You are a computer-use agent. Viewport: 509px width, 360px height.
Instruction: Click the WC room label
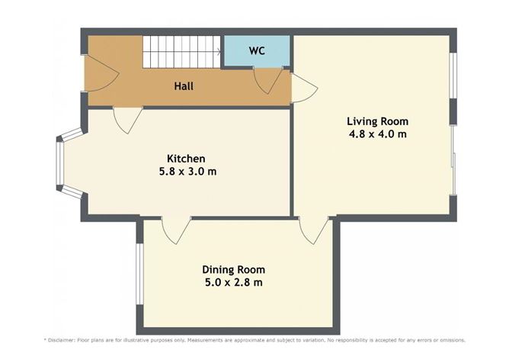(256, 51)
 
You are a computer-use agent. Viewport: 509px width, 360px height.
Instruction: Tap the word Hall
(183, 86)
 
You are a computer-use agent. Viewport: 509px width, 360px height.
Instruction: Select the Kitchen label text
(182, 158)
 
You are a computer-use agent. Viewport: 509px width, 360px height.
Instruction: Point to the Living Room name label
(377, 121)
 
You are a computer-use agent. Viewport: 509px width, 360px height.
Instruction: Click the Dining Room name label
(233, 269)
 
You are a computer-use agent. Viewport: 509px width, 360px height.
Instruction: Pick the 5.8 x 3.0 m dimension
(182, 172)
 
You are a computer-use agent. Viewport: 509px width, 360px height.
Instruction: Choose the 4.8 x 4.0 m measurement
(377, 134)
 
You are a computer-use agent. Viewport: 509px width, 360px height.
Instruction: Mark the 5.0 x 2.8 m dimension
(233, 283)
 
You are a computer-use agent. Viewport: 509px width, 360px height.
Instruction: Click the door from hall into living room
(303, 88)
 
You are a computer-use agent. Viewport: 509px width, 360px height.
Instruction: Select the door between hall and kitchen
(126, 119)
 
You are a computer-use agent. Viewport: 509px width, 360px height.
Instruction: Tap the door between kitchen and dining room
(176, 230)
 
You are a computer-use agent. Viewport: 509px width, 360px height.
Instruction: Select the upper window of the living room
(453, 76)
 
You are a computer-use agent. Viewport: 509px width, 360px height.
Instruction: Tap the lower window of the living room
(453, 160)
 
